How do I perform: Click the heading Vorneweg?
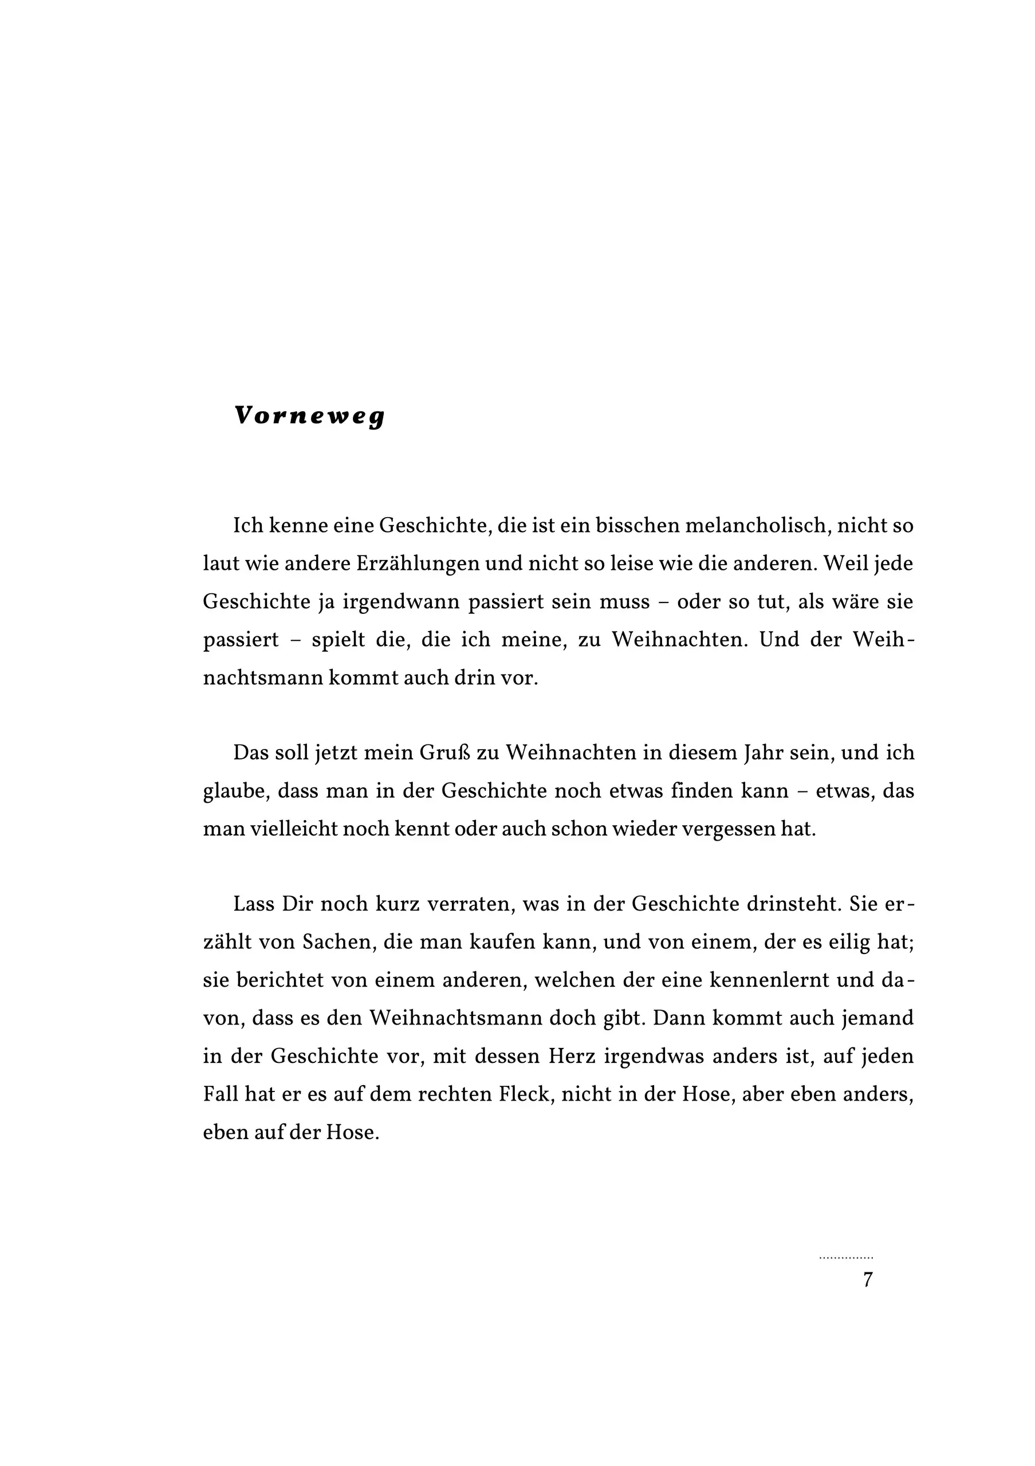point(310,416)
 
